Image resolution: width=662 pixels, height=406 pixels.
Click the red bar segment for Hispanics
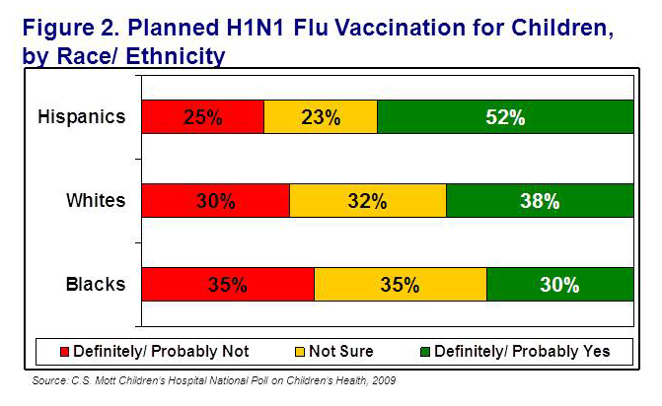[x=202, y=117]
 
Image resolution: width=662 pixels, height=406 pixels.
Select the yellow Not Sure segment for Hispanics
[x=320, y=117]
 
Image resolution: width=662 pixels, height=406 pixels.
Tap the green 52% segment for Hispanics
[x=504, y=117]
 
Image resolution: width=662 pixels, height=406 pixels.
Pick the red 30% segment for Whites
[x=215, y=201]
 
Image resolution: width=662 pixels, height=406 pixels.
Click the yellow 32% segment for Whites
[x=367, y=201]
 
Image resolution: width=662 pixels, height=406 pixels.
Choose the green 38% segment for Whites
[x=539, y=201]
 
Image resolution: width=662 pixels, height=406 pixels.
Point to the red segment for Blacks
[x=227, y=285]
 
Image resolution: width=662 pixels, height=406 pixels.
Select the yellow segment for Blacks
[x=400, y=285]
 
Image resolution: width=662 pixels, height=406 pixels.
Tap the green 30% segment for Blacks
[x=558, y=285]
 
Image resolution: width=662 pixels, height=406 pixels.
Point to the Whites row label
[x=96, y=201]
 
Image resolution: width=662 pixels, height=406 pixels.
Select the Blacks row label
[x=96, y=285]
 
